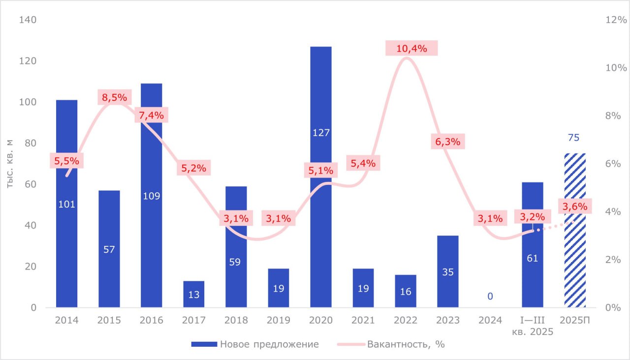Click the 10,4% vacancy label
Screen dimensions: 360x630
pyautogui.click(x=411, y=48)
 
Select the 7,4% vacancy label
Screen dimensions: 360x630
pyautogui.click(x=152, y=116)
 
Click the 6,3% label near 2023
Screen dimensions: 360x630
pyautogui.click(x=448, y=142)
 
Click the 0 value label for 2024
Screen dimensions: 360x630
pyautogui.click(x=490, y=296)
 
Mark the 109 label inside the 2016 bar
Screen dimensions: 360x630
pyautogui.click(x=151, y=196)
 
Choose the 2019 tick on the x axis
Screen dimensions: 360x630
pyautogui.click(x=278, y=321)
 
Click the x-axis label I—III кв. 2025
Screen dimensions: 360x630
pyautogui.click(x=533, y=326)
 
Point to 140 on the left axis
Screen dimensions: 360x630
pyautogui.click(x=29, y=20)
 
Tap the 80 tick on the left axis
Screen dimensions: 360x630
pyautogui.click(x=31, y=143)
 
